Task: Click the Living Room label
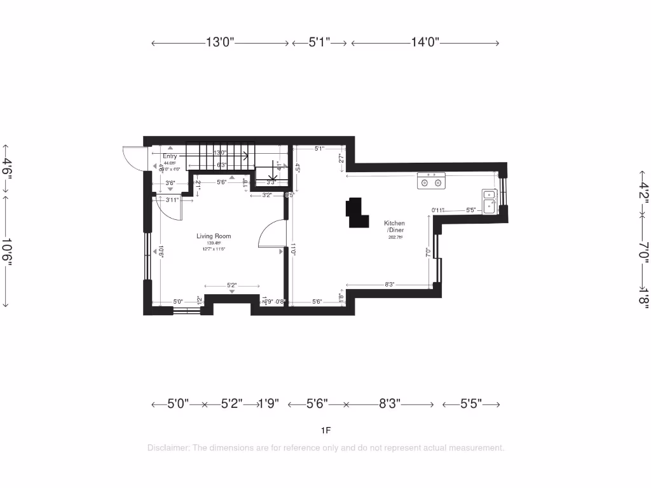[214, 236]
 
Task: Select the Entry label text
[170, 156]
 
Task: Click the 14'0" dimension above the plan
[425, 43]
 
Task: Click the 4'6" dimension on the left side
[8, 170]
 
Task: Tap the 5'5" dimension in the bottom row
[471, 404]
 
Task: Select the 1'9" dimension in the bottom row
[269, 404]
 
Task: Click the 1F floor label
[325, 430]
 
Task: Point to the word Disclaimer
[168, 447]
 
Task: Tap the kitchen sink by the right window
[489, 201]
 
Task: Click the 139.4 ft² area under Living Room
[213, 243]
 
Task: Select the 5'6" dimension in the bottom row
[317, 404]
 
